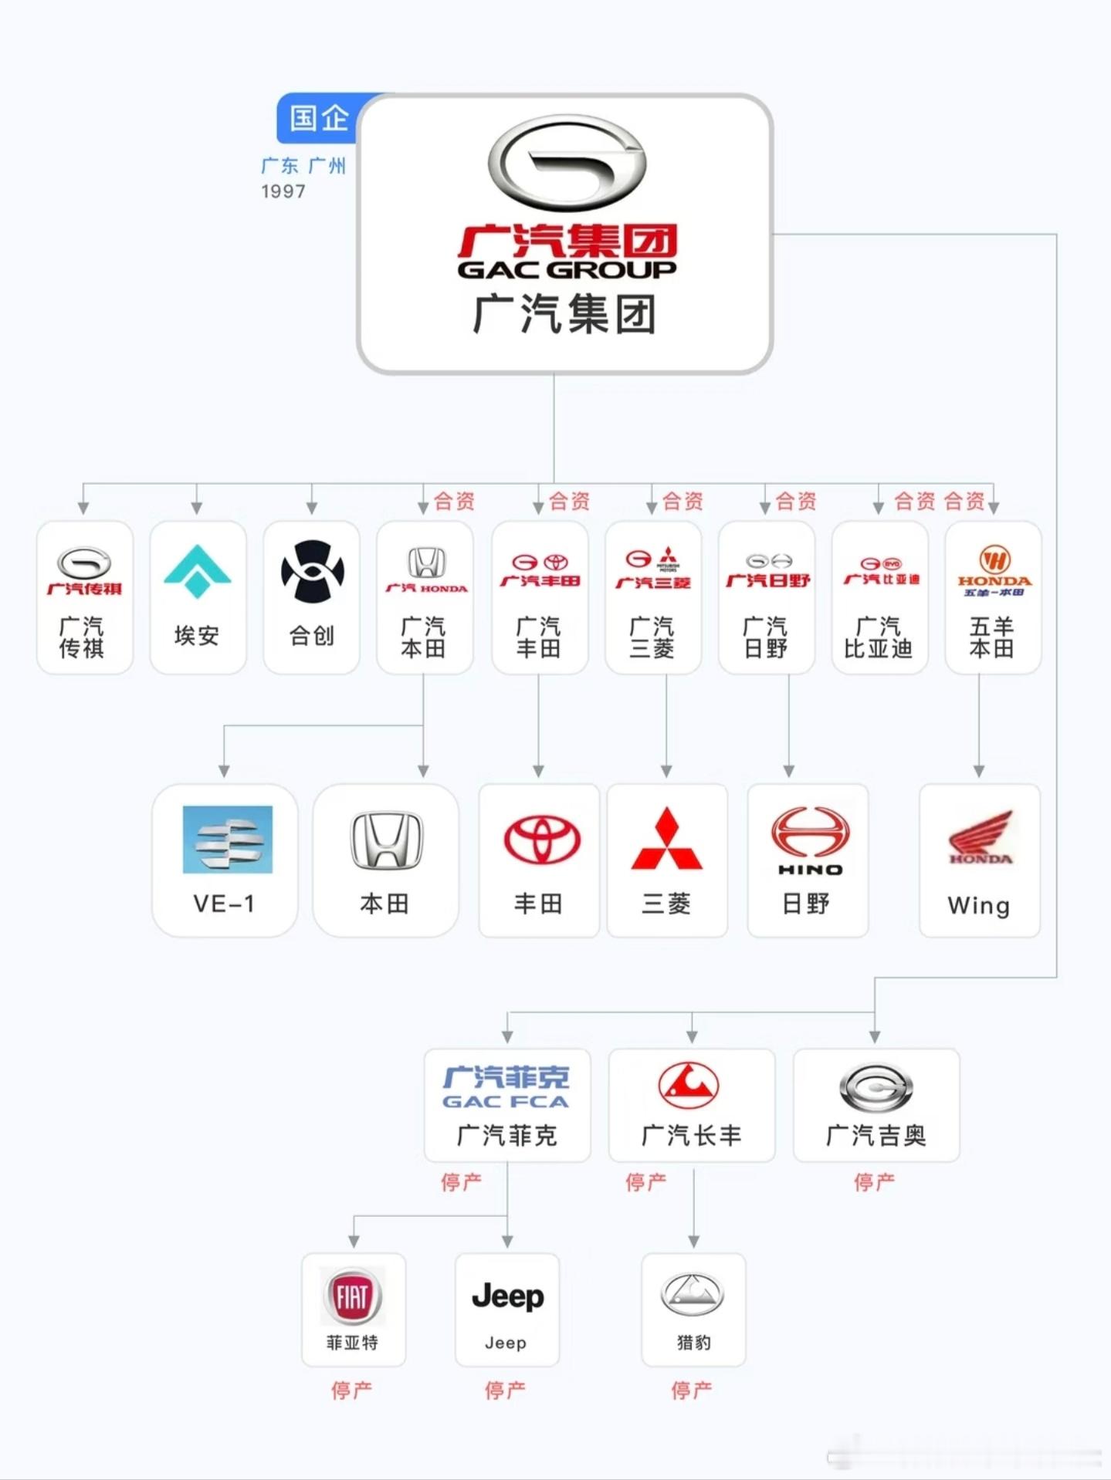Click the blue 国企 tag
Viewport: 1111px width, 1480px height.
[x=318, y=118]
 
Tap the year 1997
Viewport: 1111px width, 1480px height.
[x=283, y=191]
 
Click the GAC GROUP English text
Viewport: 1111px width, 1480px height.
[x=567, y=269]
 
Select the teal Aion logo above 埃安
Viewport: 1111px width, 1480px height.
[x=198, y=572]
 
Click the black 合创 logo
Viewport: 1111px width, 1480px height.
[x=312, y=572]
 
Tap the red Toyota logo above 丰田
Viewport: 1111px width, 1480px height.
[x=541, y=840]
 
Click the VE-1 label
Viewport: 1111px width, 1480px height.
[x=224, y=904]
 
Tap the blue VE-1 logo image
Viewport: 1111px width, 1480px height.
[x=227, y=840]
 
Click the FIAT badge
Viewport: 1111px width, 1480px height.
[x=352, y=1296]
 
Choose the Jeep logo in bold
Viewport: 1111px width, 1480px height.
[x=507, y=1296]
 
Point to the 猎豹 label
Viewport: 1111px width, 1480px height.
[x=693, y=1343]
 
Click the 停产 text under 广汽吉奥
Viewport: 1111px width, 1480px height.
[x=874, y=1181]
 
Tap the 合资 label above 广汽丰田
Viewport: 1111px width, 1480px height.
[x=569, y=502]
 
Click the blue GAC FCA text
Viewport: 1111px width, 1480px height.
[x=506, y=1101]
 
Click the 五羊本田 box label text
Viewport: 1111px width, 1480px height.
[x=991, y=637]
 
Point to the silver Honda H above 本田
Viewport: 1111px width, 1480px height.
[x=386, y=840]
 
